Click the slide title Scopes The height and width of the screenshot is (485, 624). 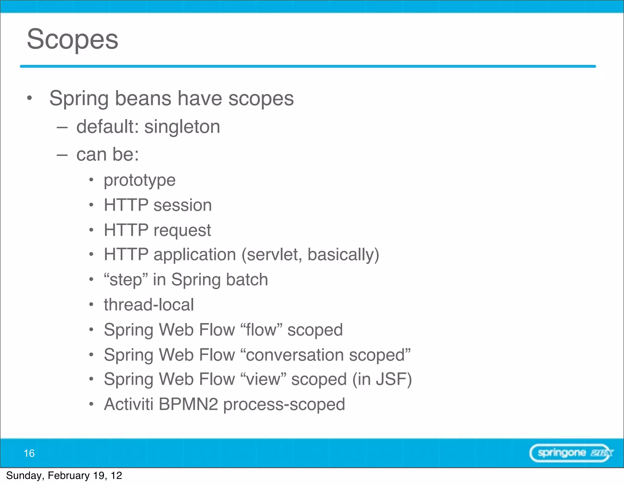pyautogui.click(x=73, y=39)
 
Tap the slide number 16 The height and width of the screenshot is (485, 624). pyautogui.click(x=29, y=453)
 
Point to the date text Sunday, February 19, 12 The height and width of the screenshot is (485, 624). pyautogui.click(x=64, y=476)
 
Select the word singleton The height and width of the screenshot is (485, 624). pyautogui.click(x=182, y=127)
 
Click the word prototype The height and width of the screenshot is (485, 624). pyautogui.click(x=140, y=180)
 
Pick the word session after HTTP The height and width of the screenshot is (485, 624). pyautogui.click(x=183, y=205)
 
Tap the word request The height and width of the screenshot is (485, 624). pyautogui.click(x=182, y=230)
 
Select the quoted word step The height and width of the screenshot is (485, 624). pyautogui.click(x=126, y=280)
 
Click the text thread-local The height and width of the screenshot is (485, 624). pyautogui.click(x=149, y=305)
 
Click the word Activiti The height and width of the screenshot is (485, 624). pyautogui.click(x=129, y=404)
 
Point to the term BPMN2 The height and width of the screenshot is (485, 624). pyautogui.click(x=188, y=404)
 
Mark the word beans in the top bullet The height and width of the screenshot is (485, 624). pyautogui.click(x=143, y=98)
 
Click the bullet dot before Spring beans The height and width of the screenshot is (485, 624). pyautogui.click(x=29, y=98)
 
